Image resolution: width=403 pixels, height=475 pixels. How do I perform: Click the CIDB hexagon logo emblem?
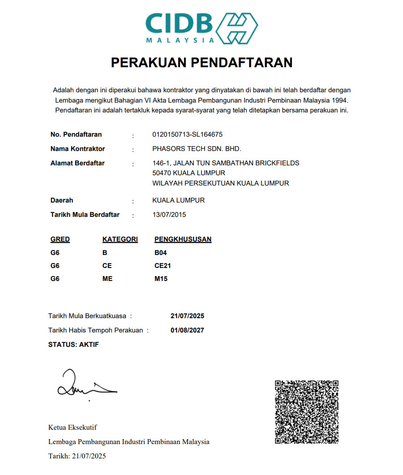(237, 28)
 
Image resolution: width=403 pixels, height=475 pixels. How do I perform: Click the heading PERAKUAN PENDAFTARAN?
(201, 63)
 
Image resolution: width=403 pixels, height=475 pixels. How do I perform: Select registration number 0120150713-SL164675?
(187, 134)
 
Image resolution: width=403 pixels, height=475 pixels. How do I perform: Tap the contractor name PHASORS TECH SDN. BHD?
(197, 149)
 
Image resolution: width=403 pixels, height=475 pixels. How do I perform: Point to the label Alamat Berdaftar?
(77, 163)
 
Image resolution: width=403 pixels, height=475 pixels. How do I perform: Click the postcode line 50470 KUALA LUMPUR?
(189, 173)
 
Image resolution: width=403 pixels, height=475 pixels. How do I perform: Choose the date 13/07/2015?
(169, 215)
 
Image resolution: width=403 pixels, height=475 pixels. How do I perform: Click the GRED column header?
(60, 239)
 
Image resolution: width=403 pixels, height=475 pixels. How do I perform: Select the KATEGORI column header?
(120, 239)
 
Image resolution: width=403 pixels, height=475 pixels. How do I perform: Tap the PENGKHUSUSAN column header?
(183, 239)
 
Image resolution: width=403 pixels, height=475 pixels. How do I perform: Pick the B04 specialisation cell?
(161, 253)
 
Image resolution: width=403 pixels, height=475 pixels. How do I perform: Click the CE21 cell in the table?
(163, 266)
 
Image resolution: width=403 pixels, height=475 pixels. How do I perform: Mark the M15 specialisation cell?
(161, 279)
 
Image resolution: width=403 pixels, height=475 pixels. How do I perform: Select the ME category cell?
(107, 279)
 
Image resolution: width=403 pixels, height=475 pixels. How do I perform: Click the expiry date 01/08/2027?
(187, 330)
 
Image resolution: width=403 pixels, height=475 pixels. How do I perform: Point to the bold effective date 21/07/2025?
(187, 316)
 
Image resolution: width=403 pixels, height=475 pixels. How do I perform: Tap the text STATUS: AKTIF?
(73, 345)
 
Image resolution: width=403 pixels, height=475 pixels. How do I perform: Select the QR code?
(306, 412)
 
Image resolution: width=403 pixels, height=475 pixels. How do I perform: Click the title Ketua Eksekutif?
(73, 427)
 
